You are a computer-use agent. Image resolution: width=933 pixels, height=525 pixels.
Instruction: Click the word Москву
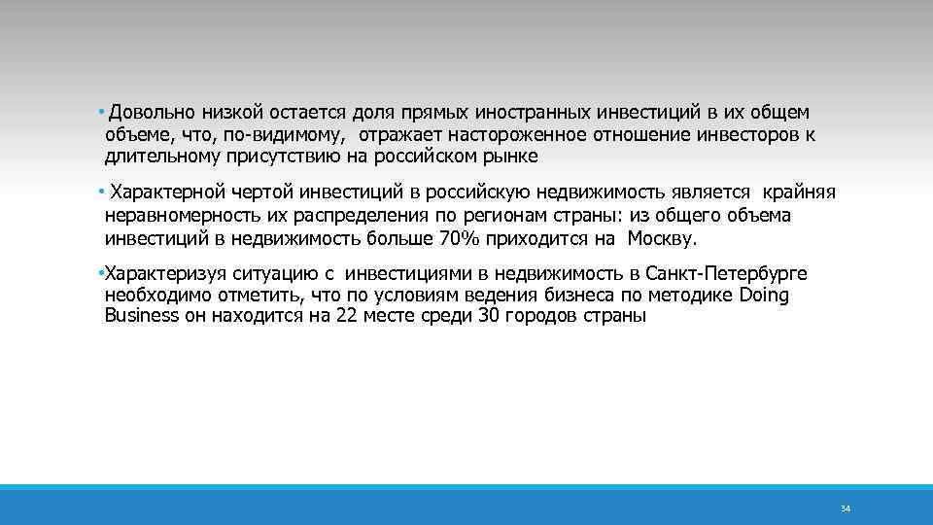[x=663, y=236]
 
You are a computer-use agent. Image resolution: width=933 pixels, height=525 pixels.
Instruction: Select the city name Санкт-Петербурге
[x=738, y=273]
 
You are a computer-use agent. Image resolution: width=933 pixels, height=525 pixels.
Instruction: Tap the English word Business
[x=142, y=316]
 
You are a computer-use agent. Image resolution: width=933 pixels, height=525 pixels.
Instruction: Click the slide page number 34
[x=845, y=508]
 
